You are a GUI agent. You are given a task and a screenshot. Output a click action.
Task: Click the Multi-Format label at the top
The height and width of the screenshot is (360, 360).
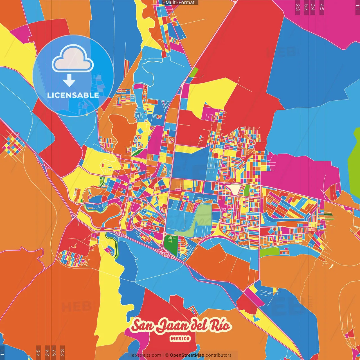[180, 3]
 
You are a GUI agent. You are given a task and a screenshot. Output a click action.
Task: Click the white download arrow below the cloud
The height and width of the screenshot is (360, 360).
[69, 80]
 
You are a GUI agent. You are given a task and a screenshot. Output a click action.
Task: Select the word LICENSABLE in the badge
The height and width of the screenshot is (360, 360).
[73, 95]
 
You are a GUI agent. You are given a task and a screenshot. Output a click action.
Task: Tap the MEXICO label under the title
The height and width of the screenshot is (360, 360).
[180, 339]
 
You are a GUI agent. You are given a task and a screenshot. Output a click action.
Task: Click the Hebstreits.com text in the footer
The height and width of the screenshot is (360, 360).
[145, 355]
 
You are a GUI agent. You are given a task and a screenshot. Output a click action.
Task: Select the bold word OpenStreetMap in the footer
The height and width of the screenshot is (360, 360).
[187, 355]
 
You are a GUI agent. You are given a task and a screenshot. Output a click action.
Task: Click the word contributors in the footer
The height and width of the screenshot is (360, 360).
[219, 355]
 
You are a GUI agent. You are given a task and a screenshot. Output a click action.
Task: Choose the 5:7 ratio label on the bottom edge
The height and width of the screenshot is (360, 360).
[54, 352]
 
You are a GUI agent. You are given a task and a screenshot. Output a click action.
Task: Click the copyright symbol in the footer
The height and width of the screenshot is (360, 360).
[166, 355]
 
